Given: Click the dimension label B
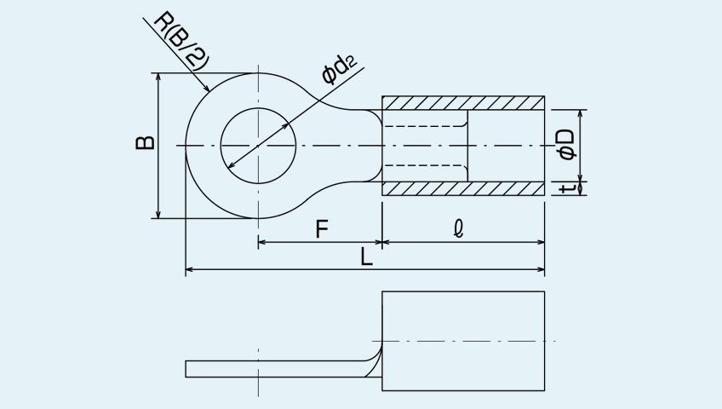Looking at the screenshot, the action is coord(146,143).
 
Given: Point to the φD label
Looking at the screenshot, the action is coord(566,144).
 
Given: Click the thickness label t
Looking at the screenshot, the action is coord(567,188).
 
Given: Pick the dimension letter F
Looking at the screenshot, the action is coord(322,229).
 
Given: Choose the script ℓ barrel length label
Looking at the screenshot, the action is coord(458,229).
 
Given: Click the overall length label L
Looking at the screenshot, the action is coord(366,257).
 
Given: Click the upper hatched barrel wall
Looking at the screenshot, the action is coord(463,103).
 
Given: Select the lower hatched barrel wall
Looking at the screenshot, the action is coord(463,188).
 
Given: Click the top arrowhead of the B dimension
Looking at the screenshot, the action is coord(158,78).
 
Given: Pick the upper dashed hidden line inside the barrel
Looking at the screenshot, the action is coord(425,126).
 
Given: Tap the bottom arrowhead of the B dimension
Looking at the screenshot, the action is coord(158,213).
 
